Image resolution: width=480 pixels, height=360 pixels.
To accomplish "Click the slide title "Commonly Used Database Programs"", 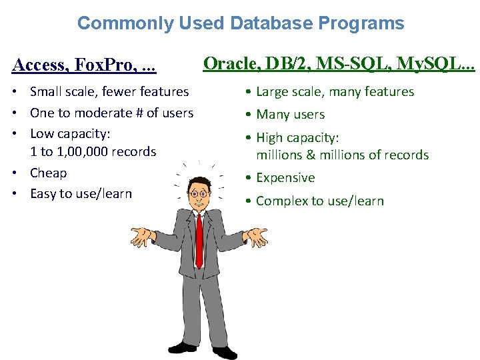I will (240, 23).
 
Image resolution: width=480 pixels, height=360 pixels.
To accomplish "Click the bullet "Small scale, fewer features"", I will (109, 91).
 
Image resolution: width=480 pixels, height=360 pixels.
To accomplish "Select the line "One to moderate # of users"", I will (111, 113).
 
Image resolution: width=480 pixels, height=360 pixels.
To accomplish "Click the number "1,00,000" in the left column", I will (84, 151).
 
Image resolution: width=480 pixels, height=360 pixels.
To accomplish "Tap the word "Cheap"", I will (49, 173).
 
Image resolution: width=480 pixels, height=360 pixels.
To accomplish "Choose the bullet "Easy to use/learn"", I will (81, 193).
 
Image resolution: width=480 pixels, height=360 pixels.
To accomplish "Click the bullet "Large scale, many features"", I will (335, 92).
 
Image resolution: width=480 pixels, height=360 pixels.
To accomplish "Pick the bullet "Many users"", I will (290, 115).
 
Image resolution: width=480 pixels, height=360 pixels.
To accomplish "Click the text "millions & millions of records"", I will (342, 155).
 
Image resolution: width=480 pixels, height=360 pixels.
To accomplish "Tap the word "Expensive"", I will (285, 178).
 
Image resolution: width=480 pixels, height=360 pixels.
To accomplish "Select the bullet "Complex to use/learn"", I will (319, 201).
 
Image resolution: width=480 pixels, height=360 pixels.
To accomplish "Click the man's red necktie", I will (199, 240).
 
